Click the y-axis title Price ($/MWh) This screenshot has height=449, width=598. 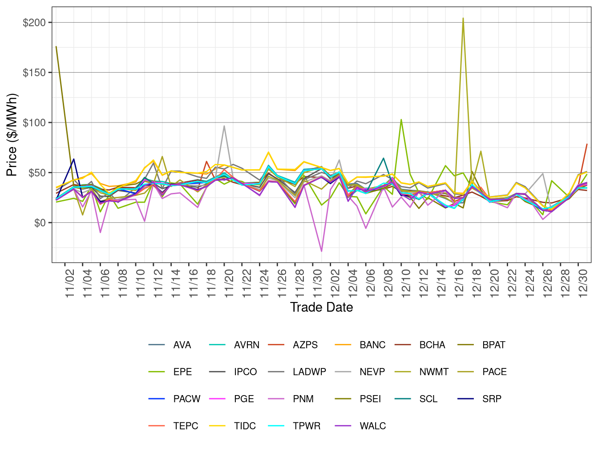point(12,135)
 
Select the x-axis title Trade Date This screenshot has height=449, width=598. point(321,307)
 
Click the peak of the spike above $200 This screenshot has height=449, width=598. point(463,19)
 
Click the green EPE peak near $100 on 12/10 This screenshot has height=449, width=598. point(401,119)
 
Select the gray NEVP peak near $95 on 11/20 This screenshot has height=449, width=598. point(224,126)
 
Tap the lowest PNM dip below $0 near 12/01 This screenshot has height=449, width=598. point(321,251)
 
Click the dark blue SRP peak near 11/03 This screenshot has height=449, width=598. point(73,159)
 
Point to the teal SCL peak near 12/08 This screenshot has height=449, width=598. point(384,158)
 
